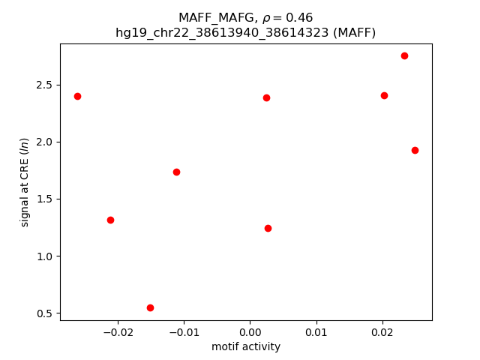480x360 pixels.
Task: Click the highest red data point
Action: pos(404,55)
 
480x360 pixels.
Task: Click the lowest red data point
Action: pos(150,307)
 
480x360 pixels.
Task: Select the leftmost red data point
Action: pos(77,96)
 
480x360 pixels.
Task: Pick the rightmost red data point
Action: pos(415,150)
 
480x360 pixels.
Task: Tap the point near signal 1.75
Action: pos(176,172)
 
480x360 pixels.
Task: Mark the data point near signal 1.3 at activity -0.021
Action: pos(110,220)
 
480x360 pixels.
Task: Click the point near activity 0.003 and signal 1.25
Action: pos(268,228)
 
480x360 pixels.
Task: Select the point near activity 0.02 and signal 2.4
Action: pos(384,95)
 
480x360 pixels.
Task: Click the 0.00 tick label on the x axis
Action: pos(250,332)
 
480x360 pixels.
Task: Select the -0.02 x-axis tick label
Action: pos(115,332)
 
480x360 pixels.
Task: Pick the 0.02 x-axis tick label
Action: pos(382,332)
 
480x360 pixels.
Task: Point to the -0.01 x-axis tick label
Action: pos(182,332)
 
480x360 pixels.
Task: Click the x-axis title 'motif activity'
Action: pos(246,346)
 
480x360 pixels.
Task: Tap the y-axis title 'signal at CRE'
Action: pos(25,182)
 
